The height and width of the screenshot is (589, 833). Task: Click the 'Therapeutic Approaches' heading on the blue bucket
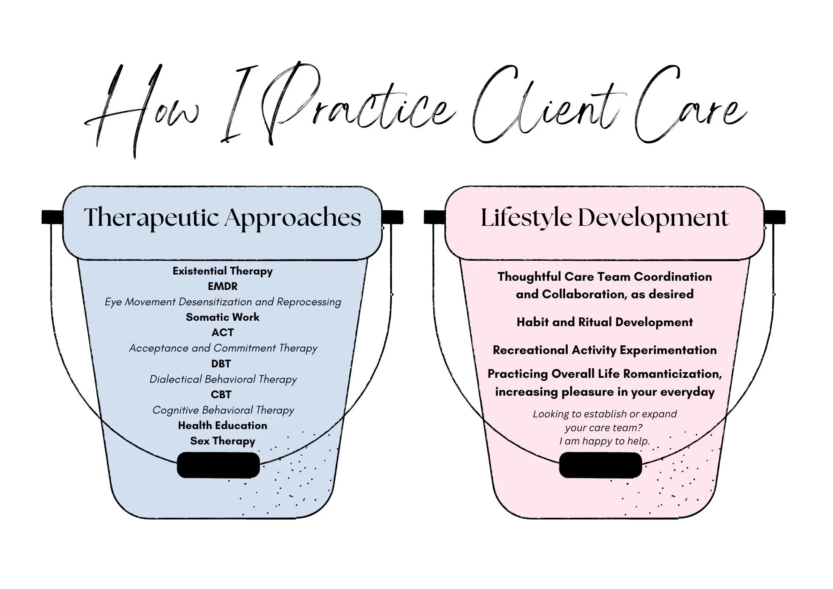tap(222, 217)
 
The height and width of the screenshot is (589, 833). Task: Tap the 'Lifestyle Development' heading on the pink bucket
tap(604, 217)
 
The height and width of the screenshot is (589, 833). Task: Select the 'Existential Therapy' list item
tap(222, 271)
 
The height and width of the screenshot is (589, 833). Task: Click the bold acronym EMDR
tap(222, 287)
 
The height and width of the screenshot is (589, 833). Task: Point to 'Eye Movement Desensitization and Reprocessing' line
tap(222, 302)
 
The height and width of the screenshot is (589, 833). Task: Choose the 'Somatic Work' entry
tap(222, 317)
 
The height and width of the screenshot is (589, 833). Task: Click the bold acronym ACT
tap(222, 333)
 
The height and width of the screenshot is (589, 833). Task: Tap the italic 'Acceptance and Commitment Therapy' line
tap(222, 348)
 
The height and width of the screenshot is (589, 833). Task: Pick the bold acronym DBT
tap(221, 364)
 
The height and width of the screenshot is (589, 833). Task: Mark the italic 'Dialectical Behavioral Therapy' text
tap(223, 379)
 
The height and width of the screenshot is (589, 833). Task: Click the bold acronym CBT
tap(221, 394)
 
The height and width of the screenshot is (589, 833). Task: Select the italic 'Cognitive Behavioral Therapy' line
tap(223, 410)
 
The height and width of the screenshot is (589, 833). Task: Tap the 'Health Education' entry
tap(222, 426)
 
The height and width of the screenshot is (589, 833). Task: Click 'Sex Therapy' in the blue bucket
tap(222, 441)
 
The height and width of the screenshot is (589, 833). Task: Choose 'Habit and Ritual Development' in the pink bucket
tap(604, 322)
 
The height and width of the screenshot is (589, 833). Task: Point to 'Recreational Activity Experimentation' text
tap(604, 350)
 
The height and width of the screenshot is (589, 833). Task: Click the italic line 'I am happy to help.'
tap(604, 441)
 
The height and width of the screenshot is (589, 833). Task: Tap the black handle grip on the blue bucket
tap(218, 465)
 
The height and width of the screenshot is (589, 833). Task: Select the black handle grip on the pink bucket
tap(600, 465)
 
